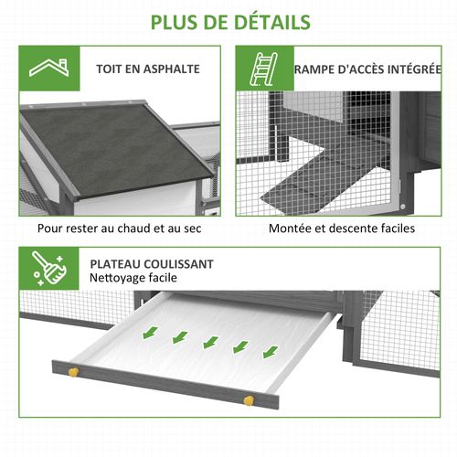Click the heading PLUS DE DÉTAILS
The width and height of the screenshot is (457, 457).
click(x=229, y=21)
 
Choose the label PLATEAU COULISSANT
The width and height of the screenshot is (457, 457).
click(x=152, y=262)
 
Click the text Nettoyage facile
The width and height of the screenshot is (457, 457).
click(x=133, y=277)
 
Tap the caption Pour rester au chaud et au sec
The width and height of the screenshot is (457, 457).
click(x=119, y=228)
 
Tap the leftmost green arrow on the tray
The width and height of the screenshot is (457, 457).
click(x=147, y=332)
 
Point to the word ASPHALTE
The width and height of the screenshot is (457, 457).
click(x=169, y=69)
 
